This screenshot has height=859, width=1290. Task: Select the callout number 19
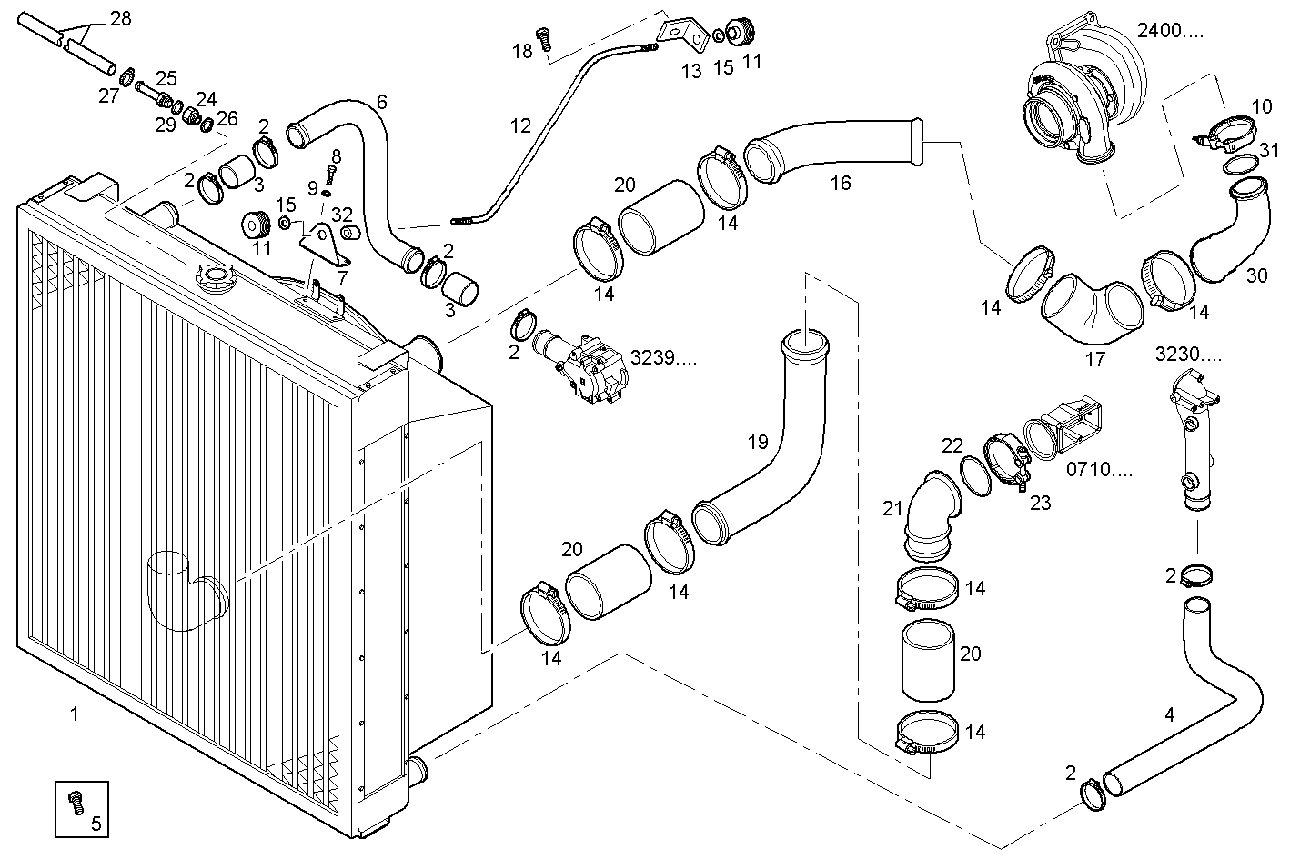758,443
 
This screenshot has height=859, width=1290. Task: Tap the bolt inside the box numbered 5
76,802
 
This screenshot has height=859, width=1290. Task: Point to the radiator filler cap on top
211,274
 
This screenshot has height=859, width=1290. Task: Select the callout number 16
840,184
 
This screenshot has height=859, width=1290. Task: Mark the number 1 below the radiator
74,714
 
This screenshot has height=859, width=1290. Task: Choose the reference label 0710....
1099,471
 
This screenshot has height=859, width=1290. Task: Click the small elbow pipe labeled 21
930,514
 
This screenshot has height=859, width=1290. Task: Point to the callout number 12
519,125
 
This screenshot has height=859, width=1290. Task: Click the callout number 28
120,18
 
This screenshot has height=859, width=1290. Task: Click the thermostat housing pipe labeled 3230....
1193,445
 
